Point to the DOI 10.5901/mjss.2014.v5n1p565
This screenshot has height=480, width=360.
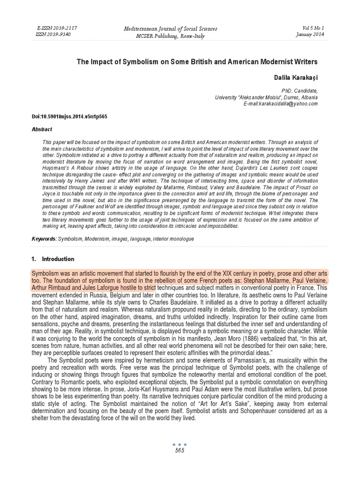70,116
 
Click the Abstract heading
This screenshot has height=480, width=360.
42,129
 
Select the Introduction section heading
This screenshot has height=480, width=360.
58,259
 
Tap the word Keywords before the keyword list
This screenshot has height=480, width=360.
43,239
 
